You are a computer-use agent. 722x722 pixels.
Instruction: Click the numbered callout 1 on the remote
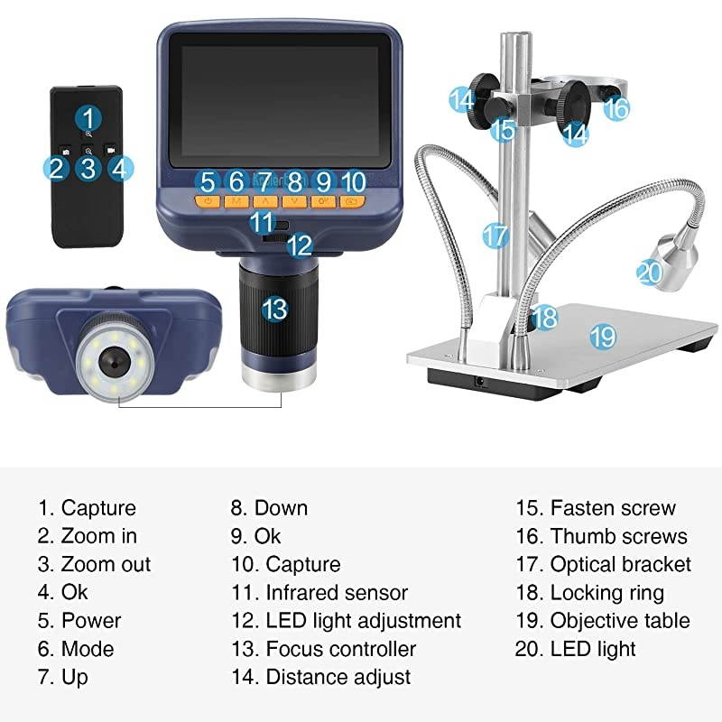pyautogui.click(x=88, y=116)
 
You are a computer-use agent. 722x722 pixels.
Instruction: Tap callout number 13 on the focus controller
pyautogui.click(x=274, y=309)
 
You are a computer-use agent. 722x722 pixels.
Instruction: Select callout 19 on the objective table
pyautogui.click(x=603, y=337)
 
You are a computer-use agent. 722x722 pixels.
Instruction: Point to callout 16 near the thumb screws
pyautogui.click(x=616, y=108)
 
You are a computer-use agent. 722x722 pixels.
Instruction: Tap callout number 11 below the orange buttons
pyautogui.click(x=261, y=221)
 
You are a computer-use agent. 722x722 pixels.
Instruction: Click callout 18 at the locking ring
pyautogui.click(x=545, y=316)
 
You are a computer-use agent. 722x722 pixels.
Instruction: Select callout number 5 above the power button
pyautogui.click(x=208, y=180)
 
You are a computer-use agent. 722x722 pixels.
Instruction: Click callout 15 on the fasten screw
pyautogui.click(x=503, y=129)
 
